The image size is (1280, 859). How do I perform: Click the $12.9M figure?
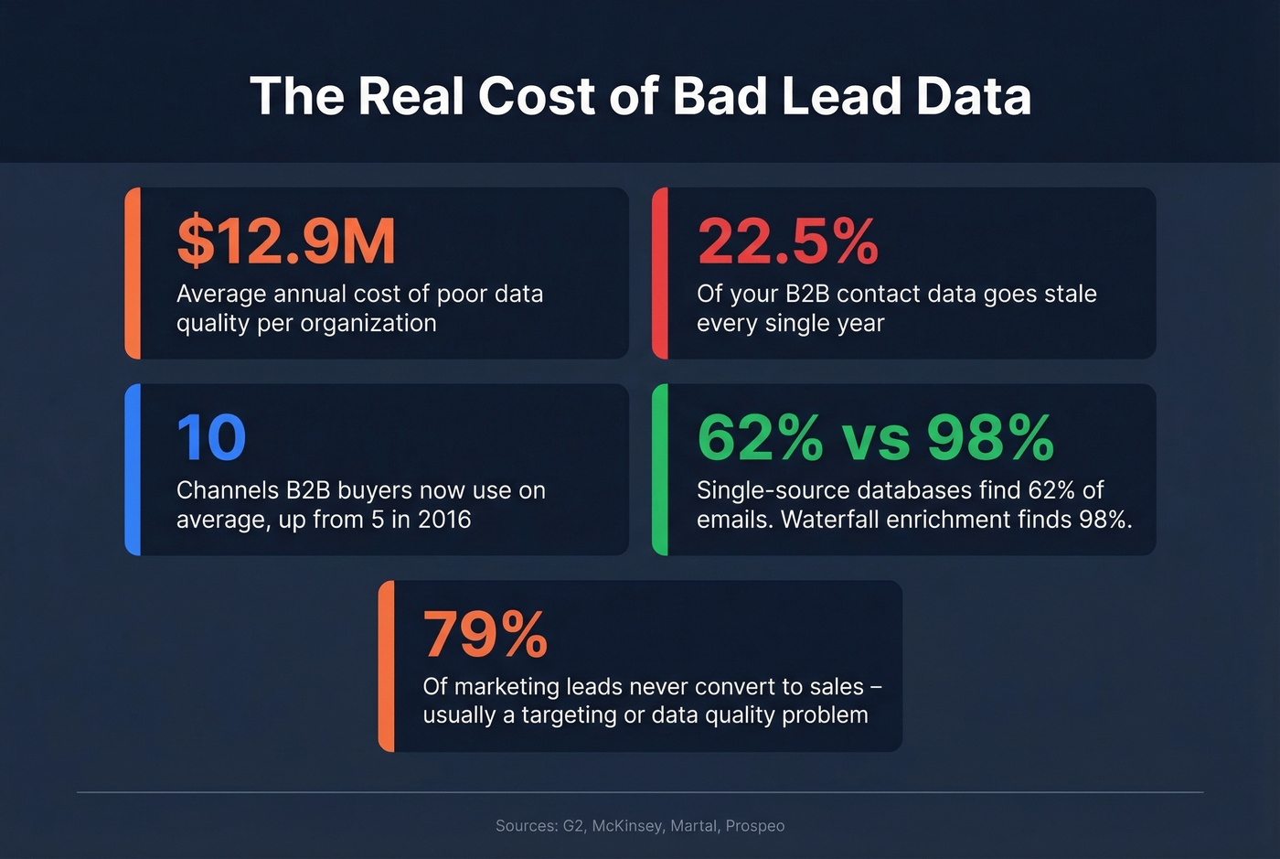285,242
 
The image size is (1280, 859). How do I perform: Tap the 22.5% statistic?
787,242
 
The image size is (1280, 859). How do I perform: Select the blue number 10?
211,438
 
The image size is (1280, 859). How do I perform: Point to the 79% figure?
485,635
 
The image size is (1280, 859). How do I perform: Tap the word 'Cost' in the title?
536,96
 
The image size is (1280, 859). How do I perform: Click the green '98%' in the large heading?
990,438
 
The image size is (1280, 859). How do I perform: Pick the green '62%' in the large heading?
760,438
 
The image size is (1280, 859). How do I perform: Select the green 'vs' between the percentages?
875,440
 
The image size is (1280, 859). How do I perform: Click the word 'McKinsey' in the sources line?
627,826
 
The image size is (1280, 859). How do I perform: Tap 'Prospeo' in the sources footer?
755,826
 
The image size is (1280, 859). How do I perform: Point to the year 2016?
444,520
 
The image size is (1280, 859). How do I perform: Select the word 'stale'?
1069,294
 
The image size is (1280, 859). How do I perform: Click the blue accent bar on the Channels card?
133,469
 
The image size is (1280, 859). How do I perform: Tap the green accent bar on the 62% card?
660,469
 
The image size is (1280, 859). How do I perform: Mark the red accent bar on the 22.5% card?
660,273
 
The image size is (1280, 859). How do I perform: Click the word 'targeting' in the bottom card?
569,715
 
